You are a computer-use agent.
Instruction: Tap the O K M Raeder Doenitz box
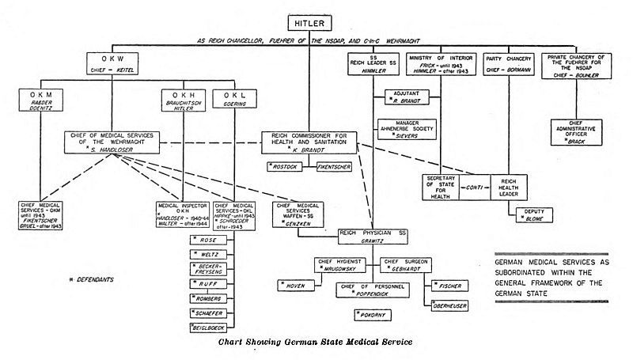tap(42, 108)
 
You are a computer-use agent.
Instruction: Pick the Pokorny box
tap(373, 314)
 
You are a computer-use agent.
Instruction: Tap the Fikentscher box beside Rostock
tap(336, 168)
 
